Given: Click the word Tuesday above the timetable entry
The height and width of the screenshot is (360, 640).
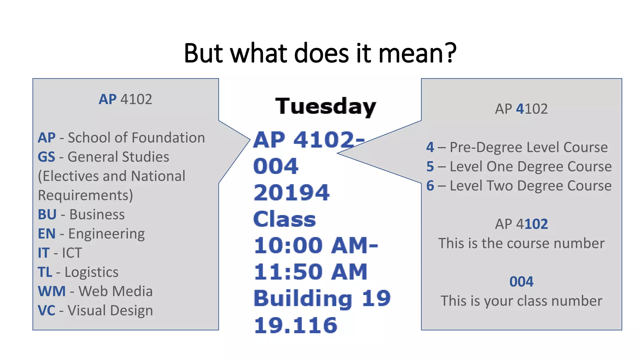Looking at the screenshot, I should coord(325,107).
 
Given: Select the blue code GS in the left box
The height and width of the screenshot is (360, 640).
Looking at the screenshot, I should coord(46,157).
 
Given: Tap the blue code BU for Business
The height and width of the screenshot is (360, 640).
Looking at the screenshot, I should coord(47,214).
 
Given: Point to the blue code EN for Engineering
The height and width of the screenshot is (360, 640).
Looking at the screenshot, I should coord(47,234).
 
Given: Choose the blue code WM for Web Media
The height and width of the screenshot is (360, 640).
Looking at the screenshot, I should coord(52,291).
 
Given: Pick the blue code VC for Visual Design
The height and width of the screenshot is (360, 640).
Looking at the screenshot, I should coord(46,311).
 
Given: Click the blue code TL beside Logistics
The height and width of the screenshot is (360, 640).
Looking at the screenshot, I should coord(45,272).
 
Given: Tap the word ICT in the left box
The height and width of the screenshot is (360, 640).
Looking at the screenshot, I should coord(72,253).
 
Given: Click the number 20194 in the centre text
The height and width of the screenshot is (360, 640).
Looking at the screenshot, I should coord(292,192).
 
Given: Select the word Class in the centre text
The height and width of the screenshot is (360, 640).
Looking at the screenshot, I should coord(284,219).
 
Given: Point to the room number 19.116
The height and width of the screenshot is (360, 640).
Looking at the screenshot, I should coord(296,325).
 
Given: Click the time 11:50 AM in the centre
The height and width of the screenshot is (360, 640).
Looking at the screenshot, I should coord(310,272).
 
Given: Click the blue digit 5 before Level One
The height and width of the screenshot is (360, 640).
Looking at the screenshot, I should coord(430,167).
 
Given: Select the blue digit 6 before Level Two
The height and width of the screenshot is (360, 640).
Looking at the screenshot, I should coord(430,186).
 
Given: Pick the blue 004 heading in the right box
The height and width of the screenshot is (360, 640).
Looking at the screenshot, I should coord(521,282).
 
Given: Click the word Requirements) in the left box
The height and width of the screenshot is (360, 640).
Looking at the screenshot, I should coord(85,196).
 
